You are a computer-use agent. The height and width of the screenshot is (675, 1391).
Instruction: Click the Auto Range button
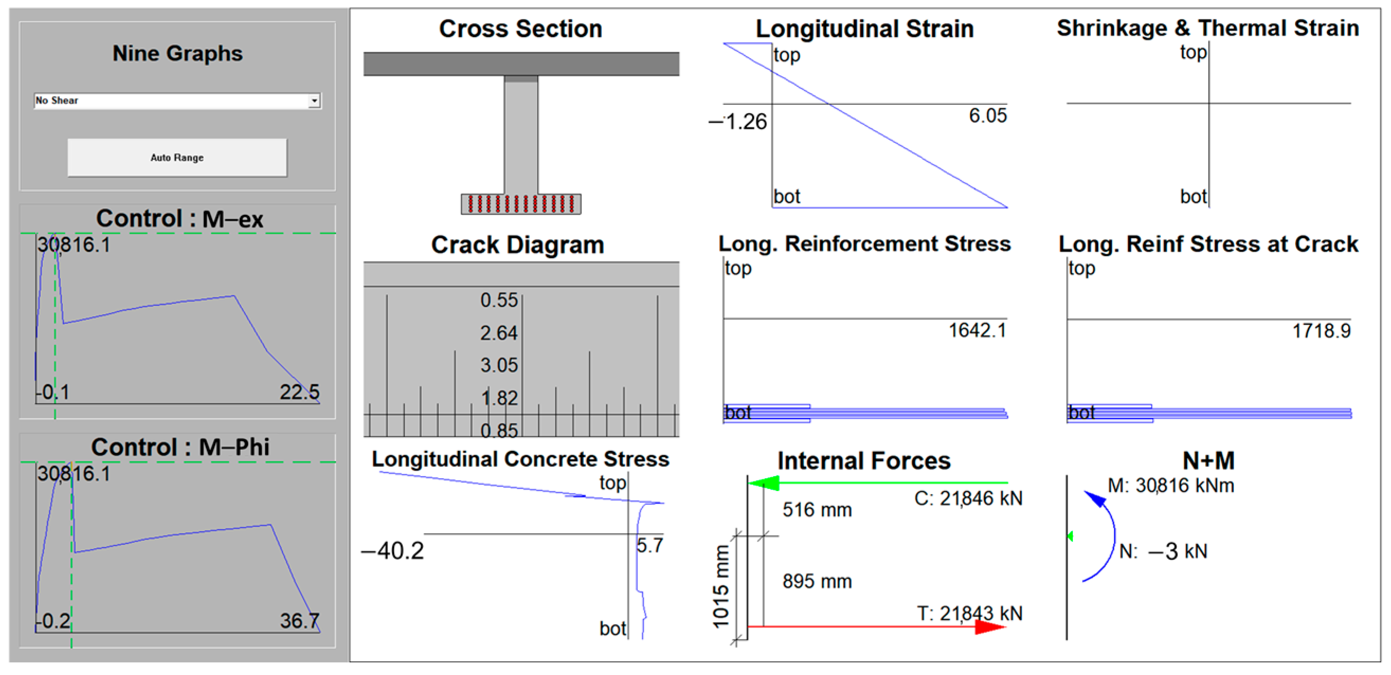coord(177,158)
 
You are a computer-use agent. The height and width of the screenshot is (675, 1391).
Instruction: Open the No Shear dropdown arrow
coord(314,101)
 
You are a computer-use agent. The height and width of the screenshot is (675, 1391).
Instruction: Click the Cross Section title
coord(520,29)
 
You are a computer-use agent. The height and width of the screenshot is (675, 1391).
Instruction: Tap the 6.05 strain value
coord(987,115)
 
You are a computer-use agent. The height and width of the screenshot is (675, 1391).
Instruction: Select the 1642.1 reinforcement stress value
coord(977,330)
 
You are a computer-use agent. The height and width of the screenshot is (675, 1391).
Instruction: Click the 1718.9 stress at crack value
coord(1321,331)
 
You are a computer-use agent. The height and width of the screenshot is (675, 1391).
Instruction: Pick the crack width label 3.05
coord(499,366)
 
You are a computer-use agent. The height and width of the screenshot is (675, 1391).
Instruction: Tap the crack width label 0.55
coord(499,300)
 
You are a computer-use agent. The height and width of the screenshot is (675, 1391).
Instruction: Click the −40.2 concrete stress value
coord(393,551)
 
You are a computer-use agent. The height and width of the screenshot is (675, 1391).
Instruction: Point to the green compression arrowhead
coord(764,483)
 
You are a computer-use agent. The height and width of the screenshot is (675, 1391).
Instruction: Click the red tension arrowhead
coord(991,627)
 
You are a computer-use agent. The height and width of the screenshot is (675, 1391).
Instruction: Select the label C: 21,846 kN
coord(968,498)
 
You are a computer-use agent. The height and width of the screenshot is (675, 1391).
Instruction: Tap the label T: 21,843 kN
coord(969,614)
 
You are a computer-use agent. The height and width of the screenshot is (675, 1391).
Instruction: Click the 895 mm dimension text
coord(817,582)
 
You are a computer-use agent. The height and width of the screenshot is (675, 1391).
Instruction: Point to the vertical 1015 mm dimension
coord(721,587)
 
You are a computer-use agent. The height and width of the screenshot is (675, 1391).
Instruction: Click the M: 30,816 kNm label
coord(1170,486)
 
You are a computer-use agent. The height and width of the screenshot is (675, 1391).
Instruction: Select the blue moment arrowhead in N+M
coord(1095,498)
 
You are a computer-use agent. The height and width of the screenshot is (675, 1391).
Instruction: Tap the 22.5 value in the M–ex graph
coord(299,393)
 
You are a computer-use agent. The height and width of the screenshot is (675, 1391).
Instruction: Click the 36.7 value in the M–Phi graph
coord(299,621)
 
